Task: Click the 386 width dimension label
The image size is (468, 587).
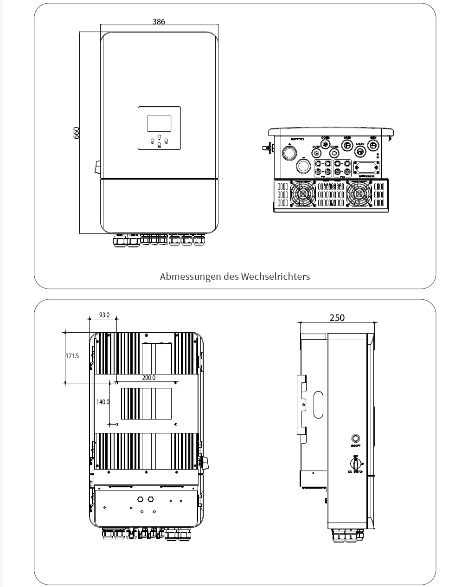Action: click(159, 21)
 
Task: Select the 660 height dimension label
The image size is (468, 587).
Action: click(77, 133)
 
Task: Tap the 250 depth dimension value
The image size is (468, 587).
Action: click(337, 318)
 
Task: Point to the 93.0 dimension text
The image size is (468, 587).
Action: click(104, 315)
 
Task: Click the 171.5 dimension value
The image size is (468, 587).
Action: click(72, 356)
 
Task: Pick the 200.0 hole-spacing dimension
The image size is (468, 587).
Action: click(148, 378)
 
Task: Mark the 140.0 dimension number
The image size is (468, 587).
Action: click(103, 402)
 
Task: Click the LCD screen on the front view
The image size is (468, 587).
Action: click(159, 124)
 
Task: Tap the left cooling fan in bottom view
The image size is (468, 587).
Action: click(302, 193)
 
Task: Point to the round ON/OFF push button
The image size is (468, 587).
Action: click(356, 438)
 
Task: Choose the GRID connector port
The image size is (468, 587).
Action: click(347, 145)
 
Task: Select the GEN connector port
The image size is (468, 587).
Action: click(373, 145)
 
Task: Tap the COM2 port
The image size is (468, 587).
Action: click(325, 144)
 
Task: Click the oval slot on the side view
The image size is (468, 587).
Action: click(318, 405)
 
